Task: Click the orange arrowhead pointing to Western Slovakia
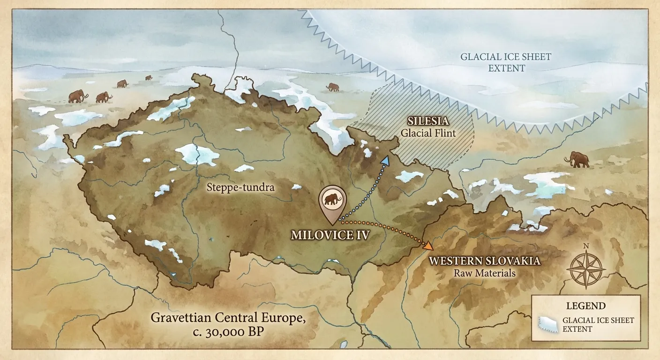[428, 245]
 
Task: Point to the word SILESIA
[428, 122]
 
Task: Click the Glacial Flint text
[428, 133]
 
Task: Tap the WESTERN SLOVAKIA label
[485, 261]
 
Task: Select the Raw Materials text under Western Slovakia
[485, 273]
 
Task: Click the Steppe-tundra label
[240, 187]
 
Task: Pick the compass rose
[585, 270]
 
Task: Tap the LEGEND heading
[586, 306]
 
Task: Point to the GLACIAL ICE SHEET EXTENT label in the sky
[505, 62]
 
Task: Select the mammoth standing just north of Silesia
[333, 87]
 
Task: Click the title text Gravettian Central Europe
[228, 318]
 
